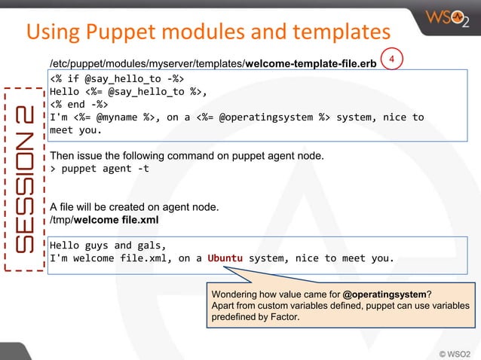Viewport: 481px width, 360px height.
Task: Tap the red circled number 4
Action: (391, 59)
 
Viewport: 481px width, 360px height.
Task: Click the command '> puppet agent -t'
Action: (99, 169)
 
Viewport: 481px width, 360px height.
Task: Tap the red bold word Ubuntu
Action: (225, 258)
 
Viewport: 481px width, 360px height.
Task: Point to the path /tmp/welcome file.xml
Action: (103, 220)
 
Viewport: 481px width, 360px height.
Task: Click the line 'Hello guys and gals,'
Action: (108, 246)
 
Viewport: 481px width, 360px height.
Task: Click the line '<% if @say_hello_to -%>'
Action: (117, 78)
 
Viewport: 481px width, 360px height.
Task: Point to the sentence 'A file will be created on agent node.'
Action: (133, 207)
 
